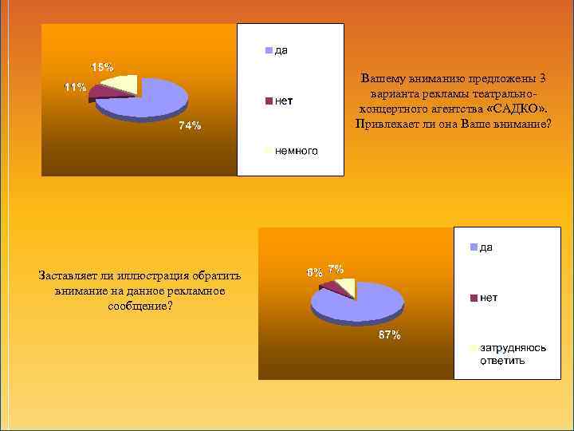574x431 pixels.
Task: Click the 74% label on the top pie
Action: pos(190,125)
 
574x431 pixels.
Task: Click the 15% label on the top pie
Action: pos(102,67)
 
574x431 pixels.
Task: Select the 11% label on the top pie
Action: pos(76,88)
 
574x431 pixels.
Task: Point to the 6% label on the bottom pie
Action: pos(315,272)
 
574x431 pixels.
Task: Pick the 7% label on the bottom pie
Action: pos(336,269)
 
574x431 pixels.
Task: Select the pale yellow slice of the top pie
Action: pos(124,82)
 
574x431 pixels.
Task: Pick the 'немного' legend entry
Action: pos(296,150)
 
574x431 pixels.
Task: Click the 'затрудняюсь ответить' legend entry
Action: pos(502,354)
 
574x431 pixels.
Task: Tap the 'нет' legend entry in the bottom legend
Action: pos(489,298)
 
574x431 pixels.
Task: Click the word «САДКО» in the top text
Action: pos(516,109)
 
